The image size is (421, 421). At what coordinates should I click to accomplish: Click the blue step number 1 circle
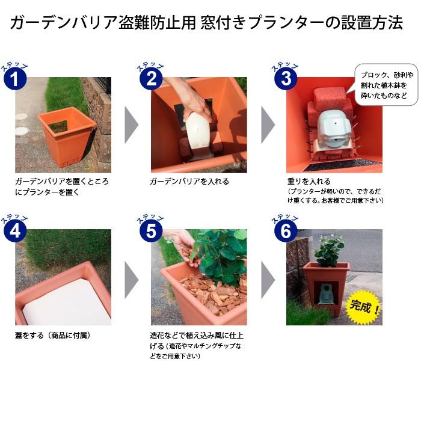[x=15, y=79]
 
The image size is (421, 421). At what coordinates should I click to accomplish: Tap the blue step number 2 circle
[x=152, y=79]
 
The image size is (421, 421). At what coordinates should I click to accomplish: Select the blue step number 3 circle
[x=286, y=79]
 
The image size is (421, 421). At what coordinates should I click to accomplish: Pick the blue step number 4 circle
[x=15, y=231]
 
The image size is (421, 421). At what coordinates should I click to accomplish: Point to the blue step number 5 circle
[x=152, y=231]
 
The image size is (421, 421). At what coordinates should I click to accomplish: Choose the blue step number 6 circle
[x=286, y=231]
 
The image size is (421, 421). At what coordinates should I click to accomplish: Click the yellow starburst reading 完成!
[x=364, y=307]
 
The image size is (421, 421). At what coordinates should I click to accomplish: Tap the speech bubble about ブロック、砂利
[x=386, y=84]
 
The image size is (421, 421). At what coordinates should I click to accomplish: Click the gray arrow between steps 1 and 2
[x=132, y=125]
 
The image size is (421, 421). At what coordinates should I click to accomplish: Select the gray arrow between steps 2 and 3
[x=268, y=125]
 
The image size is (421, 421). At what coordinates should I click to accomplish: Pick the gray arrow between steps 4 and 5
[x=132, y=280]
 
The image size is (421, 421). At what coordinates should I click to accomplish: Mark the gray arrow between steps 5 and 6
[x=268, y=280]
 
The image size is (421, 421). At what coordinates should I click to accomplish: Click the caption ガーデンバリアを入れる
[x=189, y=182]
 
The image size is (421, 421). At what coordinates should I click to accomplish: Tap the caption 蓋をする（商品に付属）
[x=53, y=336]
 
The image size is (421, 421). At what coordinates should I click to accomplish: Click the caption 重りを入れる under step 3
[x=309, y=182]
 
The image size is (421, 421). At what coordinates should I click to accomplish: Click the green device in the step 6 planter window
[x=325, y=294]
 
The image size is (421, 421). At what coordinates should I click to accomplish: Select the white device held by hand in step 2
[x=198, y=134]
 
